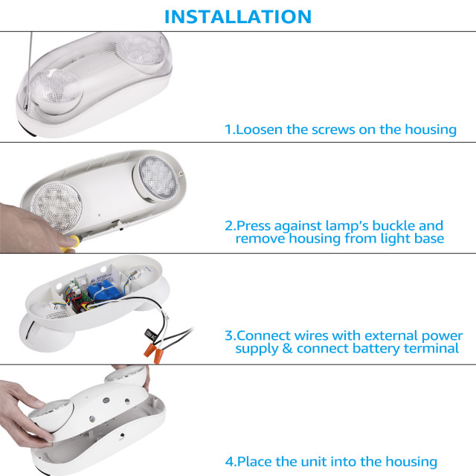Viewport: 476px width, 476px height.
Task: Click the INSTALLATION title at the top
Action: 237,16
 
